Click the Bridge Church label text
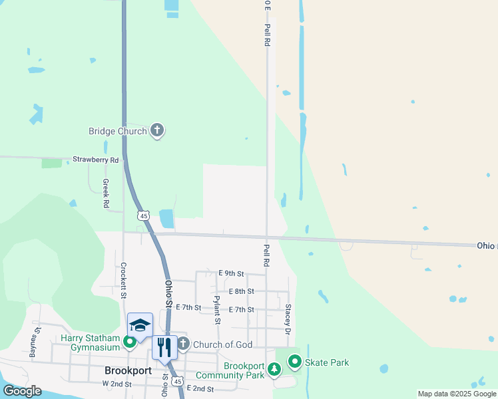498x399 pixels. tap(117, 131)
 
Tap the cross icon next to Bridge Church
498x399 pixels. tap(157, 130)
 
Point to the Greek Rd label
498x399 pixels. tap(105, 194)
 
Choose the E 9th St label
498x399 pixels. tap(232, 273)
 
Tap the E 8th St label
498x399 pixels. tap(241, 291)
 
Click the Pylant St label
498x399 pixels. tap(216, 310)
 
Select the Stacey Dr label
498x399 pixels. tap(288, 319)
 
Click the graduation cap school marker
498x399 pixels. tap(140, 325)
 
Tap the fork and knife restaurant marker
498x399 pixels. tap(164, 346)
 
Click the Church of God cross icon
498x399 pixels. tap(183, 344)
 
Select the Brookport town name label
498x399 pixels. tap(128, 370)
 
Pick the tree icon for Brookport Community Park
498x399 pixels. tap(274, 368)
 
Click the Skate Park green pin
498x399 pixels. tap(295, 362)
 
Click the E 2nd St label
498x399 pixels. tap(200, 388)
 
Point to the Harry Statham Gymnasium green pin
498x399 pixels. tap(130, 342)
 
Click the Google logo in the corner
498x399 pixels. tap(22, 391)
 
